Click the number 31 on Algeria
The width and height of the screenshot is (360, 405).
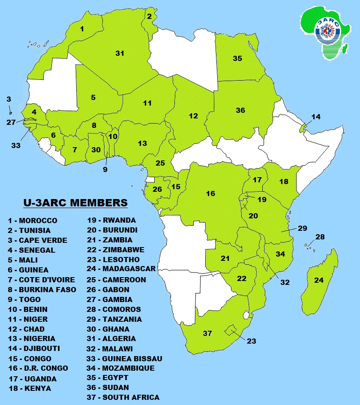[120, 53]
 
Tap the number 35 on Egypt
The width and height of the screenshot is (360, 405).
[237, 58]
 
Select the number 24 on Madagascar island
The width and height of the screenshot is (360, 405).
[318, 280]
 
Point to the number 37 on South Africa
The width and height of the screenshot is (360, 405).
[207, 333]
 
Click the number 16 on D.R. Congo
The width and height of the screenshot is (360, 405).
[210, 193]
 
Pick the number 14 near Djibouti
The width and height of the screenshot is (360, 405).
[316, 117]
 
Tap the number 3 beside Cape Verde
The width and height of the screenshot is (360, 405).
[9, 99]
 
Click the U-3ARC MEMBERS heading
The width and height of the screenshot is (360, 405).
[74, 202]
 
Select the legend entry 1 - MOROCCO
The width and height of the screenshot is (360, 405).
[33, 221]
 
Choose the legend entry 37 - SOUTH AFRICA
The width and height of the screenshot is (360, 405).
[123, 397]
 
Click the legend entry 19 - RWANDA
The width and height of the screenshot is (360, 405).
[111, 221]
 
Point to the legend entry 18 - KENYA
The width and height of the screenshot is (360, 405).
[29, 388]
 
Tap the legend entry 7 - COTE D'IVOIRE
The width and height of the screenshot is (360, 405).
[41, 280]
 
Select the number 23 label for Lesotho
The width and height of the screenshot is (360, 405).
[252, 342]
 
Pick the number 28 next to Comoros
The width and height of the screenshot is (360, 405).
[320, 237]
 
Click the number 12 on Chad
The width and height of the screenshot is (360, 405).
[193, 116]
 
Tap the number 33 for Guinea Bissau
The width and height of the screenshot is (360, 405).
[16, 145]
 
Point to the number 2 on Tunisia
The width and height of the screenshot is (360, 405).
[149, 17]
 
